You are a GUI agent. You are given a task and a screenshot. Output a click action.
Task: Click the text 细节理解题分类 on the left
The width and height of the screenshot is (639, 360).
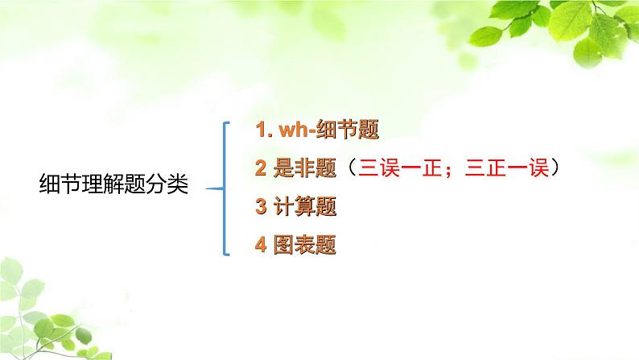tap(113, 185)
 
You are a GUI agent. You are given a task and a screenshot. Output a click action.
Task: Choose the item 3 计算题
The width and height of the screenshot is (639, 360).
tap(295, 206)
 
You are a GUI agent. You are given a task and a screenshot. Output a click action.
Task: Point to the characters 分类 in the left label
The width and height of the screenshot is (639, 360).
tap(169, 185)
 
